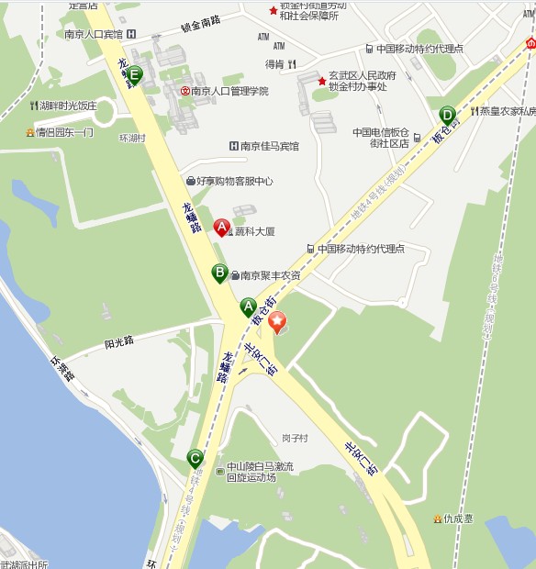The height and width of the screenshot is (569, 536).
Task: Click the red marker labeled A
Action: (x=221, y=227)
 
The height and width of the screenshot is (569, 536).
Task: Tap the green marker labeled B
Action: (x=220, y=273)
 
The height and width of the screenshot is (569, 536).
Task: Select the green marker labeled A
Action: (x=248, y=307)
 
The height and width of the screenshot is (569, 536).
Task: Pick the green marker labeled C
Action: (x=195, y=457)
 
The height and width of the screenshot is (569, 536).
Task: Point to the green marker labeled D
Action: (x=447, y=115)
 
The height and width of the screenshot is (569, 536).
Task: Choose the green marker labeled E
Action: (x=135, y=75)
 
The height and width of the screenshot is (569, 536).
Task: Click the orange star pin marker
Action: (x=276, y=322)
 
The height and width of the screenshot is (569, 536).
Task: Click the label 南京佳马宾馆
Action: (x=270, y=146)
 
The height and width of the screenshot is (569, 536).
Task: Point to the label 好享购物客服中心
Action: (x=235, y=181)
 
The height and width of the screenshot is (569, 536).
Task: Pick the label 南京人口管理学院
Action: (x=230, y=91)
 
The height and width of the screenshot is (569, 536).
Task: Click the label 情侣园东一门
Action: (x=64, y=132)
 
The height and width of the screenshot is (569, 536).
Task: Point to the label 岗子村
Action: (x=295, y=438)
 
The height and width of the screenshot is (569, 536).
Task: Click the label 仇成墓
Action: (x=459, y=519)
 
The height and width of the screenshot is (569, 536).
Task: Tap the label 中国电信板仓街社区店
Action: (x=380, y=137)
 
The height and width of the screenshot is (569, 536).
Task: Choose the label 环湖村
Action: (x=133, y=139)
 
